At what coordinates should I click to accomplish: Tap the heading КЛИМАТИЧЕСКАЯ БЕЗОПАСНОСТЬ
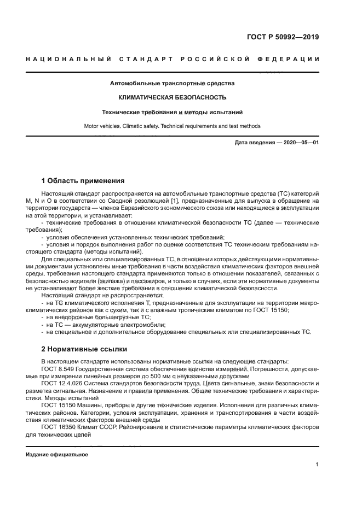pos(173,97)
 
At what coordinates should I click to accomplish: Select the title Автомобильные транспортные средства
pos(173,84)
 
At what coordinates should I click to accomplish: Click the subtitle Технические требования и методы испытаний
pos(173,112)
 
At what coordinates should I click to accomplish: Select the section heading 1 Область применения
pos(83,180)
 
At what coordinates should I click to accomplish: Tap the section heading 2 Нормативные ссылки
pos(84,349)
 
